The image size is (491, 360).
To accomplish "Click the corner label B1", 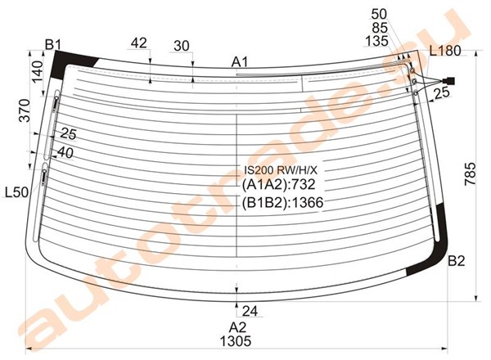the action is point(52,45).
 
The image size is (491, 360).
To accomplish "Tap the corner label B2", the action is point(457,260).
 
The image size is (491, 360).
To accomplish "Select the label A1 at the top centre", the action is point(240,62).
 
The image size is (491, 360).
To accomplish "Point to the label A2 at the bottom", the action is point(237,327).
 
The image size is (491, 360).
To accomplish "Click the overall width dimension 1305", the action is point(236,341).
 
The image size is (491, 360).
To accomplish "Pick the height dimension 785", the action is point(470,174).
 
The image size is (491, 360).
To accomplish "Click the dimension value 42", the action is point(139,43).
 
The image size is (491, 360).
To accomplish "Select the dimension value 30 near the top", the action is point(182,46).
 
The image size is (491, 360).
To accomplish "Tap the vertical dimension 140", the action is point(37,71).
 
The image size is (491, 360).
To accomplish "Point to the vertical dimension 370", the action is point(25,110).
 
